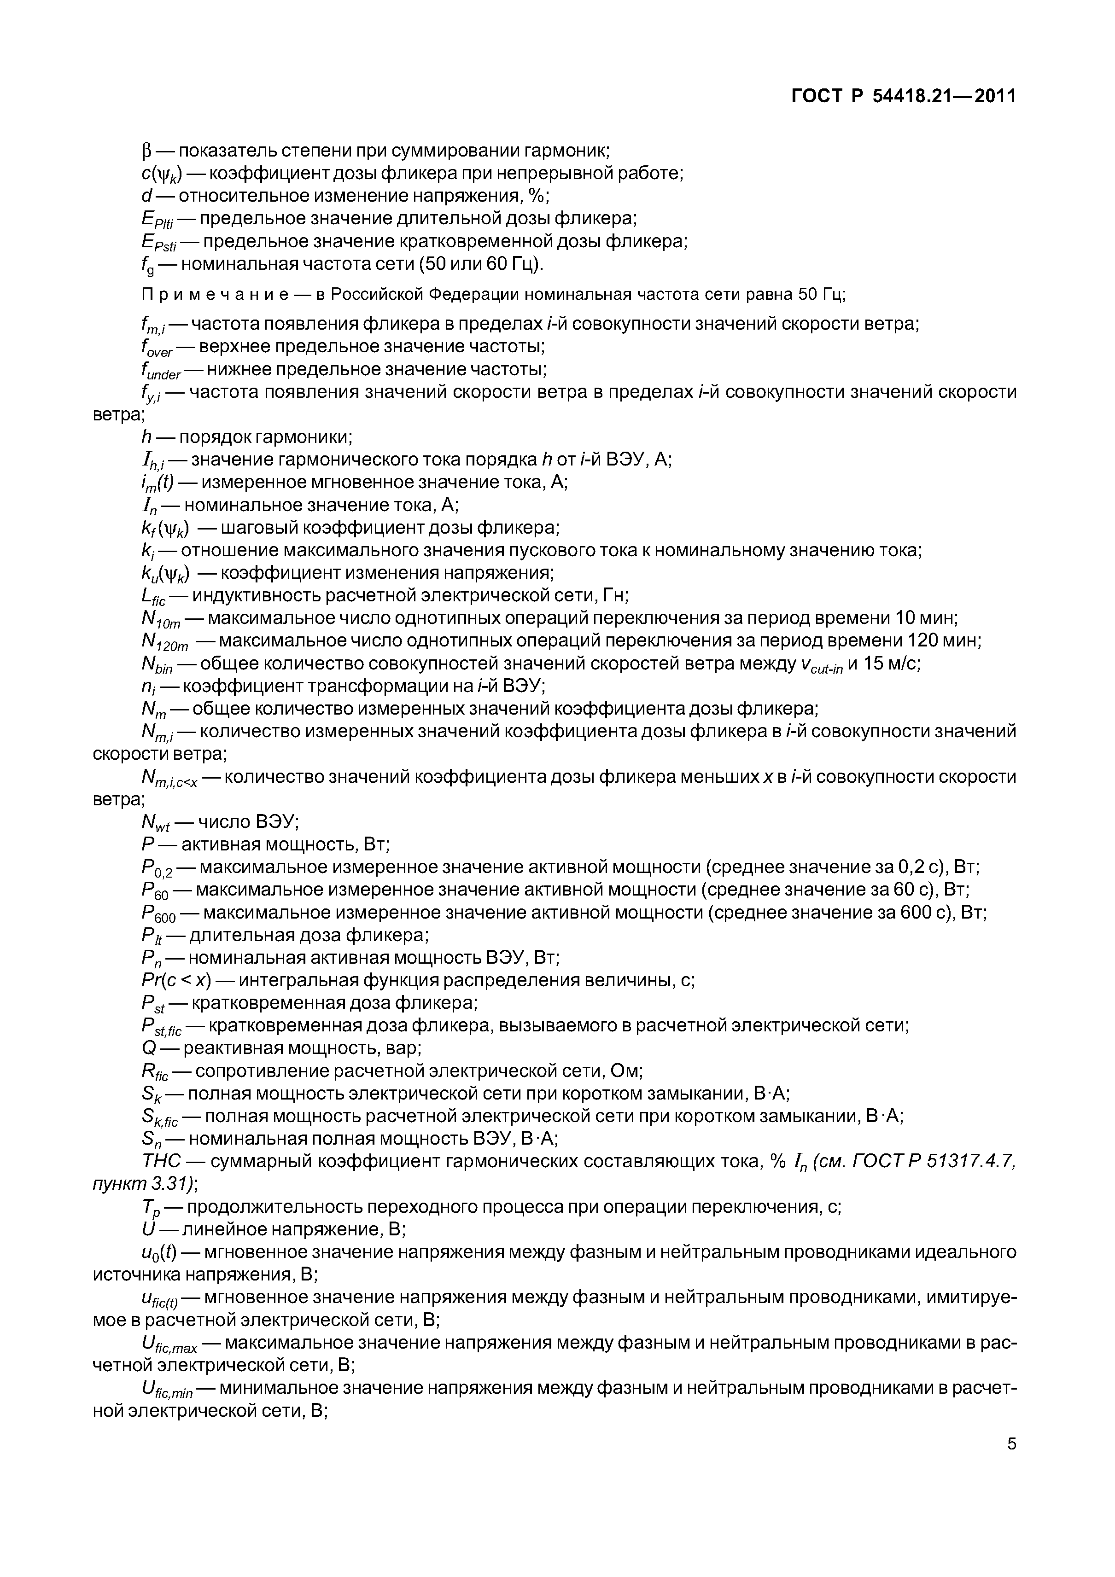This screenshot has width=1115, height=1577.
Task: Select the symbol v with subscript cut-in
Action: pyautogui.click(x=822, y=665)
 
